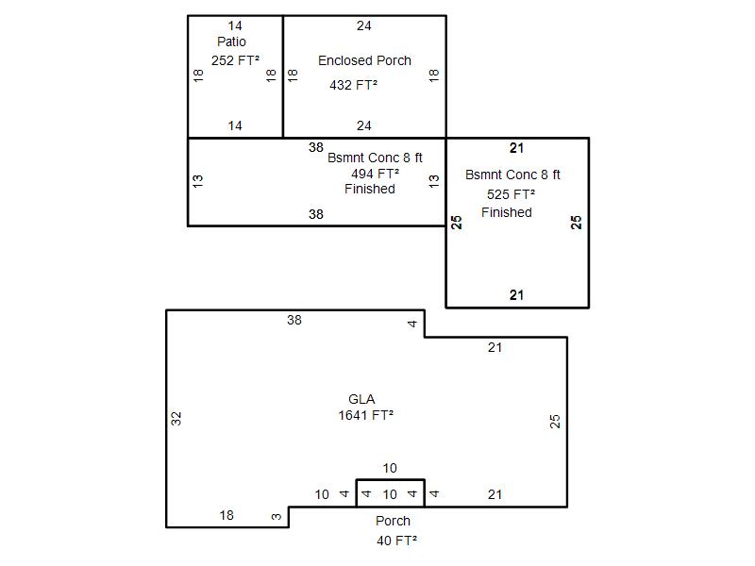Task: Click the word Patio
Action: click(231, 42)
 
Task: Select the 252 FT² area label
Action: click(235, 60)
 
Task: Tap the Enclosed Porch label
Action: click(364, 60)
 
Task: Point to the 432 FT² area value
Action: click(353, 85)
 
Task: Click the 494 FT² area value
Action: click(375, 174)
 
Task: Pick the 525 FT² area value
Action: click(511, 194)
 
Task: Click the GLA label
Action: click(361, 399)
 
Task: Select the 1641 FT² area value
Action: click(366, 415)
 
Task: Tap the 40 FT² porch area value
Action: click(396, 541)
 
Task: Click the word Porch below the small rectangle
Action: click(393, 521)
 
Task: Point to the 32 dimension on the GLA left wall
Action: click(176, 419)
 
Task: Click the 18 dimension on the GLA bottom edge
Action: click(226, 515)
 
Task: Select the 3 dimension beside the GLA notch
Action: click(277, 516)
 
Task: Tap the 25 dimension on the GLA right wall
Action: click(555, 422)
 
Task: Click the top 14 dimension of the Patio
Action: click(235, 26)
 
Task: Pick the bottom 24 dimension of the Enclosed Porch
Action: click(364, 126)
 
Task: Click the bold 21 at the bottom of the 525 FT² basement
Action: click(516, 295)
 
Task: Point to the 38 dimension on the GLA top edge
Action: click(294, 320)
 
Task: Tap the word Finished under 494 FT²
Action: click(370, 190)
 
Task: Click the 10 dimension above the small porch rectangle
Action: click(390, 468)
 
